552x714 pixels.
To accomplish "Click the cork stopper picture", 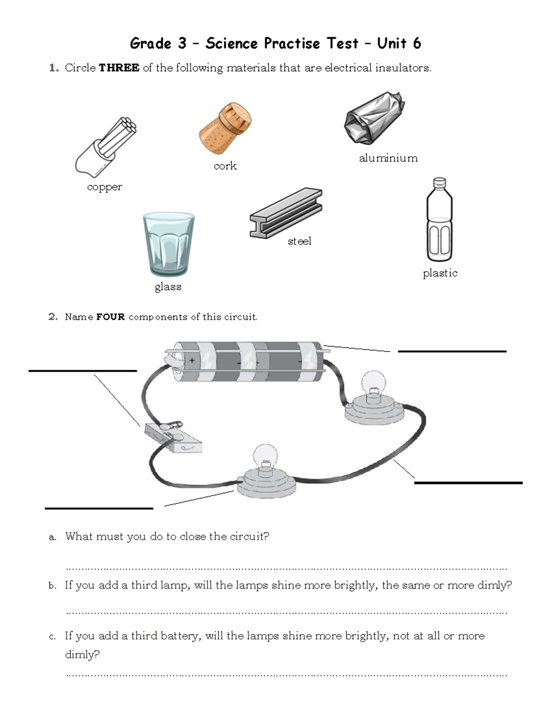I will [x=225, y=128].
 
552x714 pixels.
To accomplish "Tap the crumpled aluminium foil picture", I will [x=374, y=118].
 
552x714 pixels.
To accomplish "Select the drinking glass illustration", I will [x=168, y=244].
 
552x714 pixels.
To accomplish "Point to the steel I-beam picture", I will [x=286, y=213].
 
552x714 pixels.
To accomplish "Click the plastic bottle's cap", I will [x=440, y=183].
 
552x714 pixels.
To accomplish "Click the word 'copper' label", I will [x=104, y=187].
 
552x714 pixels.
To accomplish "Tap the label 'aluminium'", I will [x=388, y=158].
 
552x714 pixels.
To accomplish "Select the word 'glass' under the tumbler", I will [x=168, y=287].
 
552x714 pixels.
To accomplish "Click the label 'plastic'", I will [x=440, y=273].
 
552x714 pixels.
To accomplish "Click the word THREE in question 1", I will [x=119, y=68].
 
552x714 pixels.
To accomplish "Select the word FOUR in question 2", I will [x=110, y=317].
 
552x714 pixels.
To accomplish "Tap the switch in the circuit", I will [x=172, y=437].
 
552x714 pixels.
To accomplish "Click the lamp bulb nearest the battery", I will [x=374, y=385].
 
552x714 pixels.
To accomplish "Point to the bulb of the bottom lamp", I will [x=265, y=457].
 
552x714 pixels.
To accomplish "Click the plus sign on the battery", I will [x=192, y=361].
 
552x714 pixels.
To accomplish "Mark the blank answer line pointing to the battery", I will [x=452, y=351].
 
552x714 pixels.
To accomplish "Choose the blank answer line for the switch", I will [x=83, y=371].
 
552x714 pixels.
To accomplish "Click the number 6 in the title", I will [x=416, y=44].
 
